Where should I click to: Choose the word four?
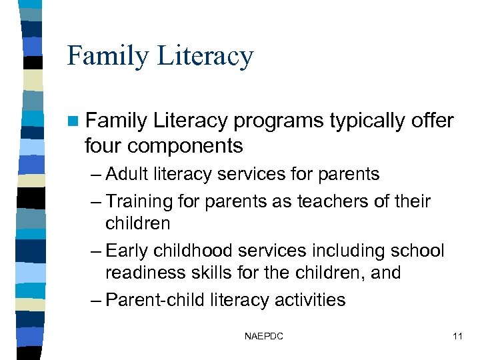click(103, 145)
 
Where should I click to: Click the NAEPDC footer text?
click(264, 337)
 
